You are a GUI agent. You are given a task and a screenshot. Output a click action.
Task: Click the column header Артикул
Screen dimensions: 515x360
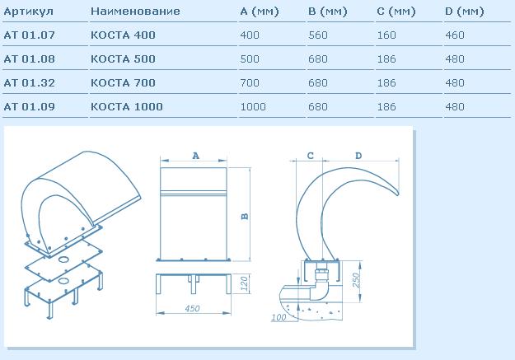click(28, 12)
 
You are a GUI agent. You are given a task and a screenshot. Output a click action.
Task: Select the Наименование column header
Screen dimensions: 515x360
click(135, 12)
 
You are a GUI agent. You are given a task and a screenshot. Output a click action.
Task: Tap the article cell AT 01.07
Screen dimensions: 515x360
click(29, 35)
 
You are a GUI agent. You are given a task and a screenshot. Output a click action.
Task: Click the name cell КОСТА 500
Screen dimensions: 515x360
click(123, 59)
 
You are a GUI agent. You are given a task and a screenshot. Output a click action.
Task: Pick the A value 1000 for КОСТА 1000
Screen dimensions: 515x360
click(253, 107)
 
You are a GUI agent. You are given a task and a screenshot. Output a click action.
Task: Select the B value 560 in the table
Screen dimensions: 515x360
click(318, 35)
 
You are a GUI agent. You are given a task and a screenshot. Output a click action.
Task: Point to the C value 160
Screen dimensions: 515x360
click(386, 35)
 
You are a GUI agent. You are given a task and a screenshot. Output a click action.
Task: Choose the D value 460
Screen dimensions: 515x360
click(455, 35)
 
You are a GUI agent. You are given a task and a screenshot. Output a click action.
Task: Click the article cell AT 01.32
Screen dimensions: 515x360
click(29, 82)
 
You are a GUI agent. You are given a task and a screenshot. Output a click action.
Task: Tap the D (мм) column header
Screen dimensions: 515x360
click(465, 12)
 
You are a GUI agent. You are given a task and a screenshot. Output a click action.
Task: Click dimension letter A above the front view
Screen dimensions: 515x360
click(196, 156)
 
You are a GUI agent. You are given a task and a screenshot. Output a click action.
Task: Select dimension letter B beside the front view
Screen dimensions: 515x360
click(245, 217)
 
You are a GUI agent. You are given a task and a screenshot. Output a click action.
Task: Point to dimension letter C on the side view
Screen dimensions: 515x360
click(310, 156)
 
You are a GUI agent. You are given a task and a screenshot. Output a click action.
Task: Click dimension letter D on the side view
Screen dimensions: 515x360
click(358, 156)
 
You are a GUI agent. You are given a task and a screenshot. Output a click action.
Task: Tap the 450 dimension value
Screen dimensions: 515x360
click(192, 308)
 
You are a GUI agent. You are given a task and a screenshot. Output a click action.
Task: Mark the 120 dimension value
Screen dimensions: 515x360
click(244, 283)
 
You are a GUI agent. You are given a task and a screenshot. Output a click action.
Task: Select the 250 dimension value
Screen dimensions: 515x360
click(356, 280)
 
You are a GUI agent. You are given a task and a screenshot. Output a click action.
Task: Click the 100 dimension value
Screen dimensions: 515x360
click(279, 317)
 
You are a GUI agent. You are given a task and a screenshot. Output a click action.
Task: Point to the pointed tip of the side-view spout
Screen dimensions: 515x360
click(398, 194)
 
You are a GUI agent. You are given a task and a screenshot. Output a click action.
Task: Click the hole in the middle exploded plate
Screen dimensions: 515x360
click(63, 259)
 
